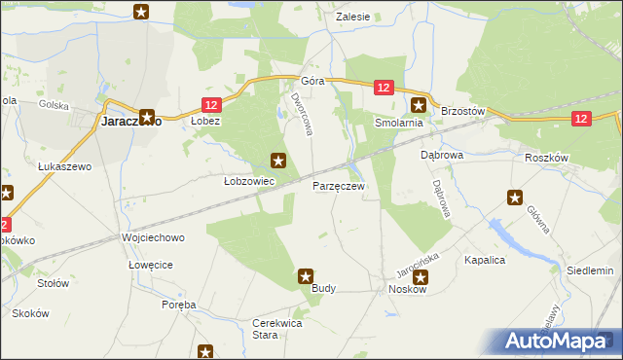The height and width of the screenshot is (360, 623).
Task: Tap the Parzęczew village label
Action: [339, 185]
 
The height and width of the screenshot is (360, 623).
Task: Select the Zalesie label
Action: [352, 17]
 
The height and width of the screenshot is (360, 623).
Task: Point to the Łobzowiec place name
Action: [249, 181]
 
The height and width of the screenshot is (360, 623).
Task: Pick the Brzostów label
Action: [462, 112]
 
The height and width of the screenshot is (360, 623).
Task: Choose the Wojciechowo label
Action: [152, 237]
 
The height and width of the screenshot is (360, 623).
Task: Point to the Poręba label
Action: [179, 305]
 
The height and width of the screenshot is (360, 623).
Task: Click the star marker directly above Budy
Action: [306, 277]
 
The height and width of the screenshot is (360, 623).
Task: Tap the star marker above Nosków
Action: [419, 277]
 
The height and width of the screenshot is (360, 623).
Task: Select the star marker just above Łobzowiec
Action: [278, 161]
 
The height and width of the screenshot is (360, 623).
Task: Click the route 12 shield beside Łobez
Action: [213, 104]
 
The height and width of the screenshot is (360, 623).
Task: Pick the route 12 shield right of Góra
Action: [383, 89]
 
